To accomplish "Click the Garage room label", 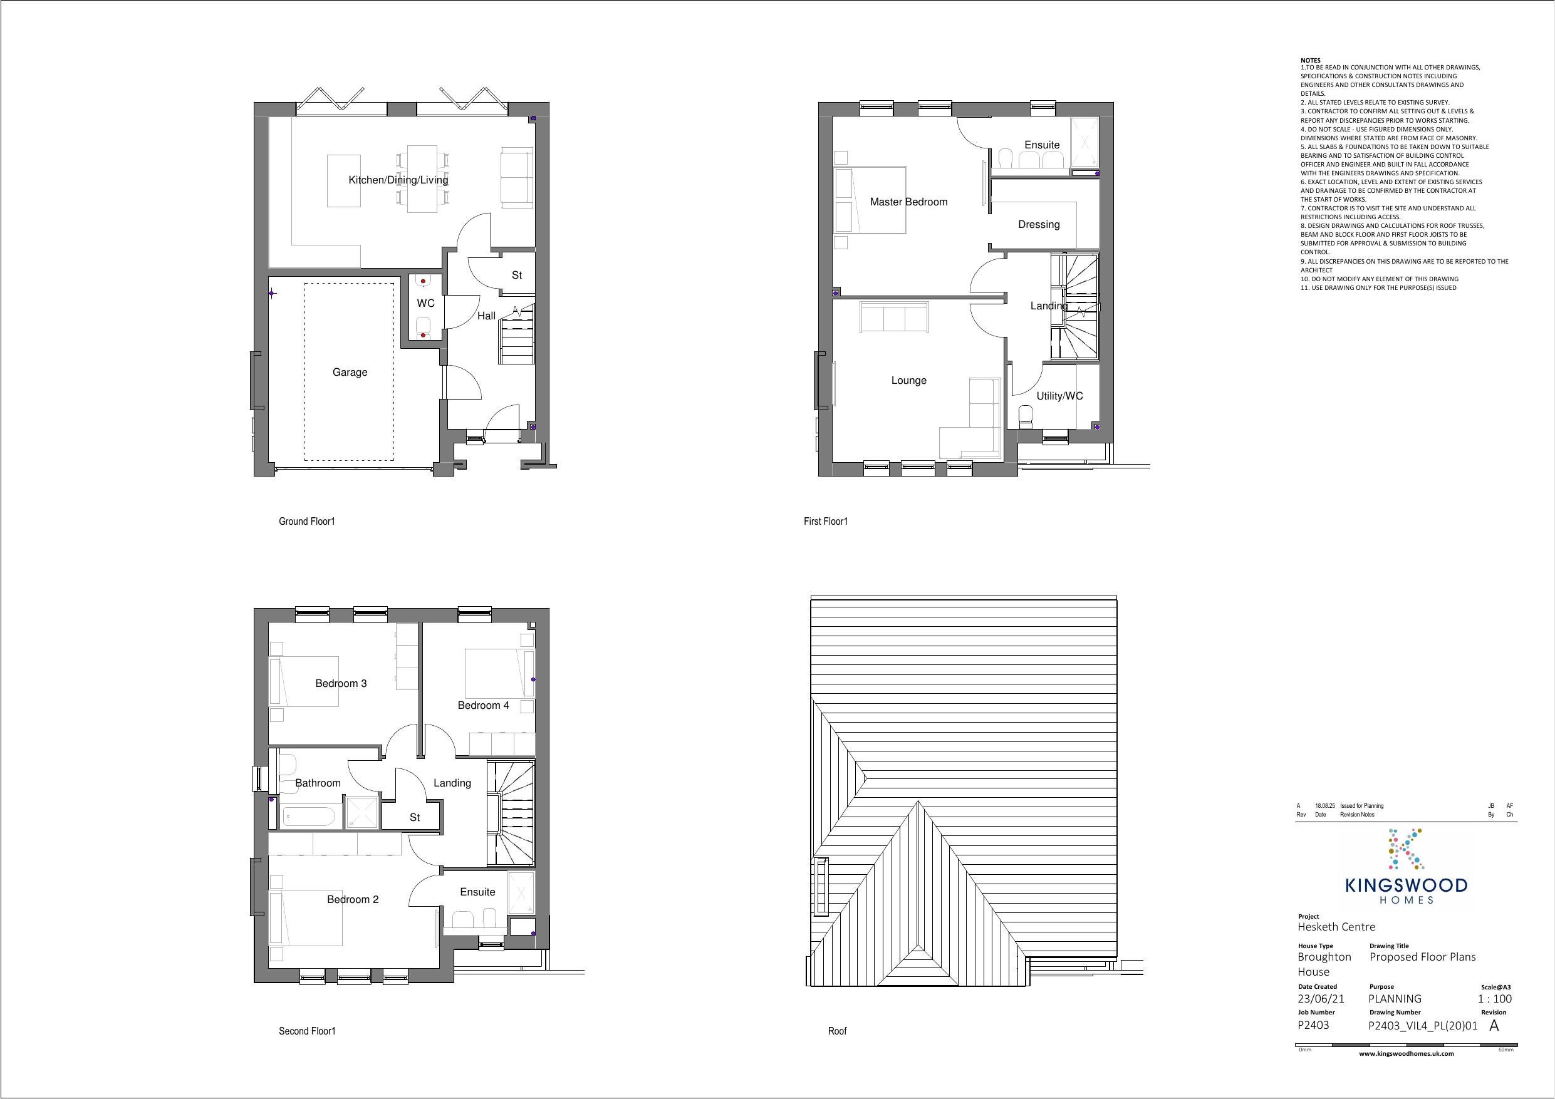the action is click(x=350, y=373).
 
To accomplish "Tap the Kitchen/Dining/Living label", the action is click(x=398, y=180).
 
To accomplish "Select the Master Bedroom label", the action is click(x=909, y=202).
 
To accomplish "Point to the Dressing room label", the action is click(x=1039, y=225).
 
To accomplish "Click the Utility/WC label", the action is click(x=1059, y=396).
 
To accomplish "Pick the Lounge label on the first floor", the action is click(x=909, y=381).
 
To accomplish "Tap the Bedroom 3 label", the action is click(x=341, y=684).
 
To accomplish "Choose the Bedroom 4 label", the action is click(x=483, y=706).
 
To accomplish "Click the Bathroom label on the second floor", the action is click(x=318, y=783).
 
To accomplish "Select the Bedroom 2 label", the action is click(x=352, y=900).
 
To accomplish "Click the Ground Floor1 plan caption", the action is click(x=307, y=522).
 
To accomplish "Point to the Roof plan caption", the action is click(x=837, y=1031).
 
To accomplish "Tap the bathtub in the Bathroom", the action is click(x=308, y=817).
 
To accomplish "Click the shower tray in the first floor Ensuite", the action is click(x=1084, y=143).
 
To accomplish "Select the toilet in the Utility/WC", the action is click(x=1026, y=416).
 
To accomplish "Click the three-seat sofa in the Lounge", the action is click(x=893, y=317).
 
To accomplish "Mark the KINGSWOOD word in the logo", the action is click(x=1406, y=885).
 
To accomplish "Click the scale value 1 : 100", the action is click(x=1494, y=999).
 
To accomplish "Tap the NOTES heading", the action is click(x=1311, y=60).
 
